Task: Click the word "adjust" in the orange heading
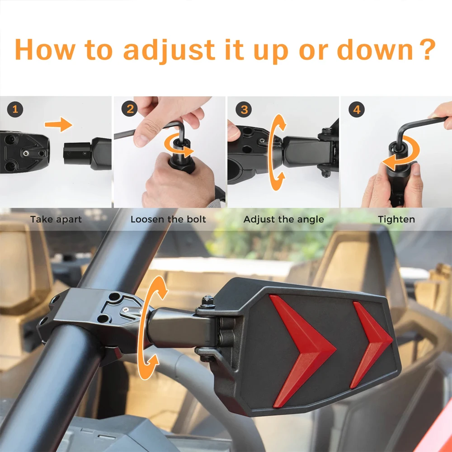click(169, 50)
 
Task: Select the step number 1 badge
click(15, 109)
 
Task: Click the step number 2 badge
click(129, 109)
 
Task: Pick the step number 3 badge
click(244, 109)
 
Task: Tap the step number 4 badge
click(357, 109)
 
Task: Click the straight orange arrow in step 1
click(58, 124)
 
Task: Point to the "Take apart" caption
click(56, 220)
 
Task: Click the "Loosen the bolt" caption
click(168, 219)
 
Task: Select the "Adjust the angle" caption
click(284, 220)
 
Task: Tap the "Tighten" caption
click(396, 220)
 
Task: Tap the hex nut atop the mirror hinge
click(207, 301)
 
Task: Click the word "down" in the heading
click(375, 50)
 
